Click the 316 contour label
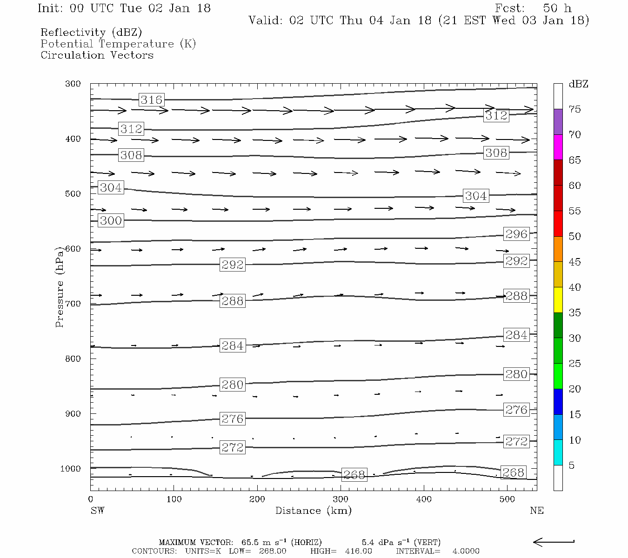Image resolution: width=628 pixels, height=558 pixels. (x=151, y=100)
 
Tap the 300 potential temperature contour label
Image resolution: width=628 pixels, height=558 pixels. (x=111, y=220)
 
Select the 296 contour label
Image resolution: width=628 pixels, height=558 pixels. (x=516, y=234)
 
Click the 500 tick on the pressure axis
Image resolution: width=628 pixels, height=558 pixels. (x=73, y=194)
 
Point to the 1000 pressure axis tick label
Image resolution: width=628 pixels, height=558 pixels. (x=71, y=469)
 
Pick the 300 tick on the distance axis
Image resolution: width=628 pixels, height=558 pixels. (x=341, y=499)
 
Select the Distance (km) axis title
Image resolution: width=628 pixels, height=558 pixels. (x=313, y=511)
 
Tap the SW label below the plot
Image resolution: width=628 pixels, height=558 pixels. (x=97, y=511)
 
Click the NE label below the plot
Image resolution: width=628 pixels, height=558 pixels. (x=536, y=511)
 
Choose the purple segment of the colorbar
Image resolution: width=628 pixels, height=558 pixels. (x=558, y=122)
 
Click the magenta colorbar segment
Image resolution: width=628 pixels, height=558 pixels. (x=558, y=147)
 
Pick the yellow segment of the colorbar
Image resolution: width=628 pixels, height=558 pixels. (x=558, y=300)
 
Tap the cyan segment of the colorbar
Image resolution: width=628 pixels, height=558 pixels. (x=558, y=452)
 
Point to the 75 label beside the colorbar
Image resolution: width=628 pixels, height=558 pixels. (x=575, y=109)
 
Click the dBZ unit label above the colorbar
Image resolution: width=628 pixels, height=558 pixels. (x=578, y=84)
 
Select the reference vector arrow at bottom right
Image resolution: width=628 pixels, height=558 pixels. (x=554, y=542)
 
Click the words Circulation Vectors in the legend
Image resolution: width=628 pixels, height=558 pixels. (x=97, y=55)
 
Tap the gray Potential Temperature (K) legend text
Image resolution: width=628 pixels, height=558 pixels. (x=118, y=44)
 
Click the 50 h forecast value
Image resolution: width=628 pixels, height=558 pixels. (x=557, y=8)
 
